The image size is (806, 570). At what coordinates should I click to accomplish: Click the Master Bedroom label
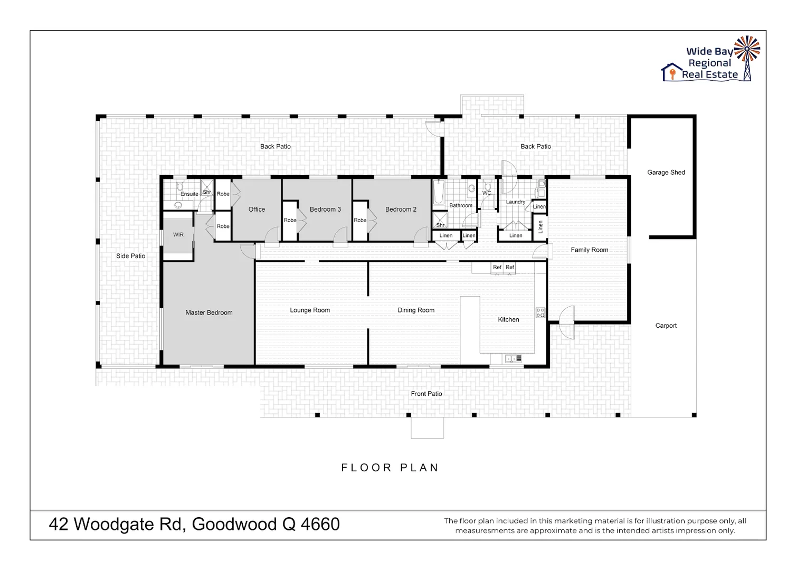209,312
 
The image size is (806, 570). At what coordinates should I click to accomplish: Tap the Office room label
257,210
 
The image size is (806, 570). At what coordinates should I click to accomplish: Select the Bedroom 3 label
325,210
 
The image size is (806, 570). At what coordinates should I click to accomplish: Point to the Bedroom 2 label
401,210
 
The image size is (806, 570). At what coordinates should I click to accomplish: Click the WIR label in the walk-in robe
178,235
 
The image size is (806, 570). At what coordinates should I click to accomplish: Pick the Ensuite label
189,194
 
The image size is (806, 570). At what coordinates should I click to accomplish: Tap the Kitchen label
508,320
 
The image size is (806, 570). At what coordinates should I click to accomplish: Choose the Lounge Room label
310,310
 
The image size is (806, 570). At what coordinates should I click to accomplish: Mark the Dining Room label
416,310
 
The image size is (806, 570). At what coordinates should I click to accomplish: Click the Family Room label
589,250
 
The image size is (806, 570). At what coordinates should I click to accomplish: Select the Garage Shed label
666,173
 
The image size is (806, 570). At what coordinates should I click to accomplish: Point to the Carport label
666,326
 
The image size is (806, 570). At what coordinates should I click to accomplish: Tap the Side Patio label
130,256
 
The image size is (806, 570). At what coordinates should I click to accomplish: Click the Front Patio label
426,394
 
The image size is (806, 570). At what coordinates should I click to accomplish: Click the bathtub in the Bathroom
438,193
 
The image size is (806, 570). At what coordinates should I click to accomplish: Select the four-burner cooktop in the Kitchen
540,312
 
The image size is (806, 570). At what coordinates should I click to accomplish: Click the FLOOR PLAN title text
390,468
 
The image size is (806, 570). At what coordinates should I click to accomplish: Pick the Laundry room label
516,202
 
